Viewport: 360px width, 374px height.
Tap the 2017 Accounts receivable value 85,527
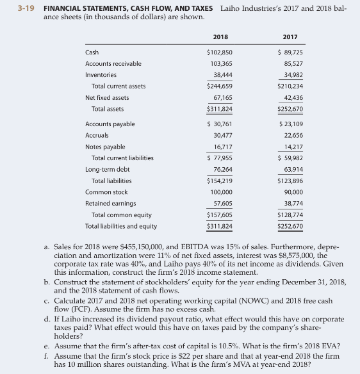(x=292, y=63)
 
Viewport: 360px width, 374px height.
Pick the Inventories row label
(x=102, y=75)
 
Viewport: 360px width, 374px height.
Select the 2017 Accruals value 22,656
(x=292, y=134)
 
